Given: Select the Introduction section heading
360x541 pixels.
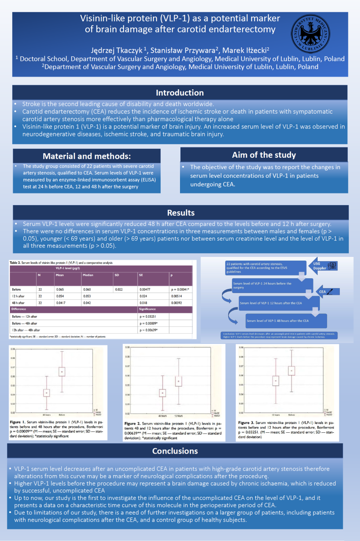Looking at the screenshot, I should [x=180, y=93].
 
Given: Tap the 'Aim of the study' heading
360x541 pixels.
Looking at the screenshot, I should [x=264, y=155].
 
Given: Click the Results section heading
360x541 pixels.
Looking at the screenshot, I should [x=180, y=213].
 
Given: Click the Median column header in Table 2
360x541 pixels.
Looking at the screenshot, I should [x=88, y=274].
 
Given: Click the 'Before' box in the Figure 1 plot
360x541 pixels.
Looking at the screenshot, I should [x=62, y=371].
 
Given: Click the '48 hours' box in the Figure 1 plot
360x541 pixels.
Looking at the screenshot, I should [x=46, y=393].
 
